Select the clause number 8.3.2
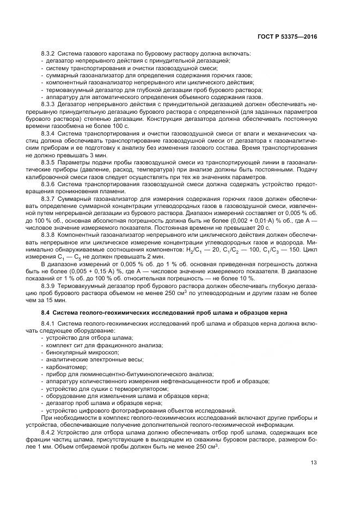pyautogui.click(x=50, y=54)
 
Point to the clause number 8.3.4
pyautogui.click(x=50, y=132)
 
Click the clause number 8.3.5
pyautogui.click(x=50, y=162)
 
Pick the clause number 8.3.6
pyautogui.click(x=50, y=184)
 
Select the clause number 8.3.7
pyautogui.click(x=50, y=199)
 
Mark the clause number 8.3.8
pyautogui.click(x=50, y=235)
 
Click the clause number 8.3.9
pyautogui.click(x=50, y=285)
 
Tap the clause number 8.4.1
pyautogui.click(x=50, y=324)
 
